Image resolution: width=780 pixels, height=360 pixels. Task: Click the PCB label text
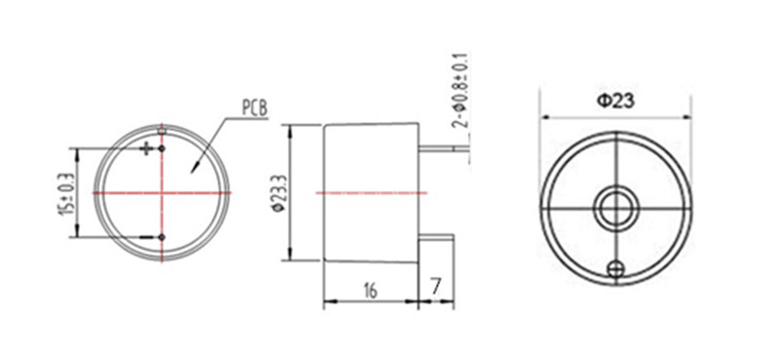[x=254, y=108]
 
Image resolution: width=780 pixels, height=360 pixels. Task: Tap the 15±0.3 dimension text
[x=65, y=194]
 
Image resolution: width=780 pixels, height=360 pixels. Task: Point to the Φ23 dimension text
[x=616, y=101]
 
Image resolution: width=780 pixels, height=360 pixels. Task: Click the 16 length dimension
[x=370, y=290]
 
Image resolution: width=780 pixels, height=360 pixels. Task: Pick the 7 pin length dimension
[x=436, y=287]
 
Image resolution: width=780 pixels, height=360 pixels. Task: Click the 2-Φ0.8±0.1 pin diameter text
[x=460, y=91]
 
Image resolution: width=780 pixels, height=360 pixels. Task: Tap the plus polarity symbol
[x=147, y=148]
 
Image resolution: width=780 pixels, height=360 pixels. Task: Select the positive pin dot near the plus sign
[x=162, y=148]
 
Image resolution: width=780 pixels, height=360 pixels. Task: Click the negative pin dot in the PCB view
[x=162, y=237]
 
